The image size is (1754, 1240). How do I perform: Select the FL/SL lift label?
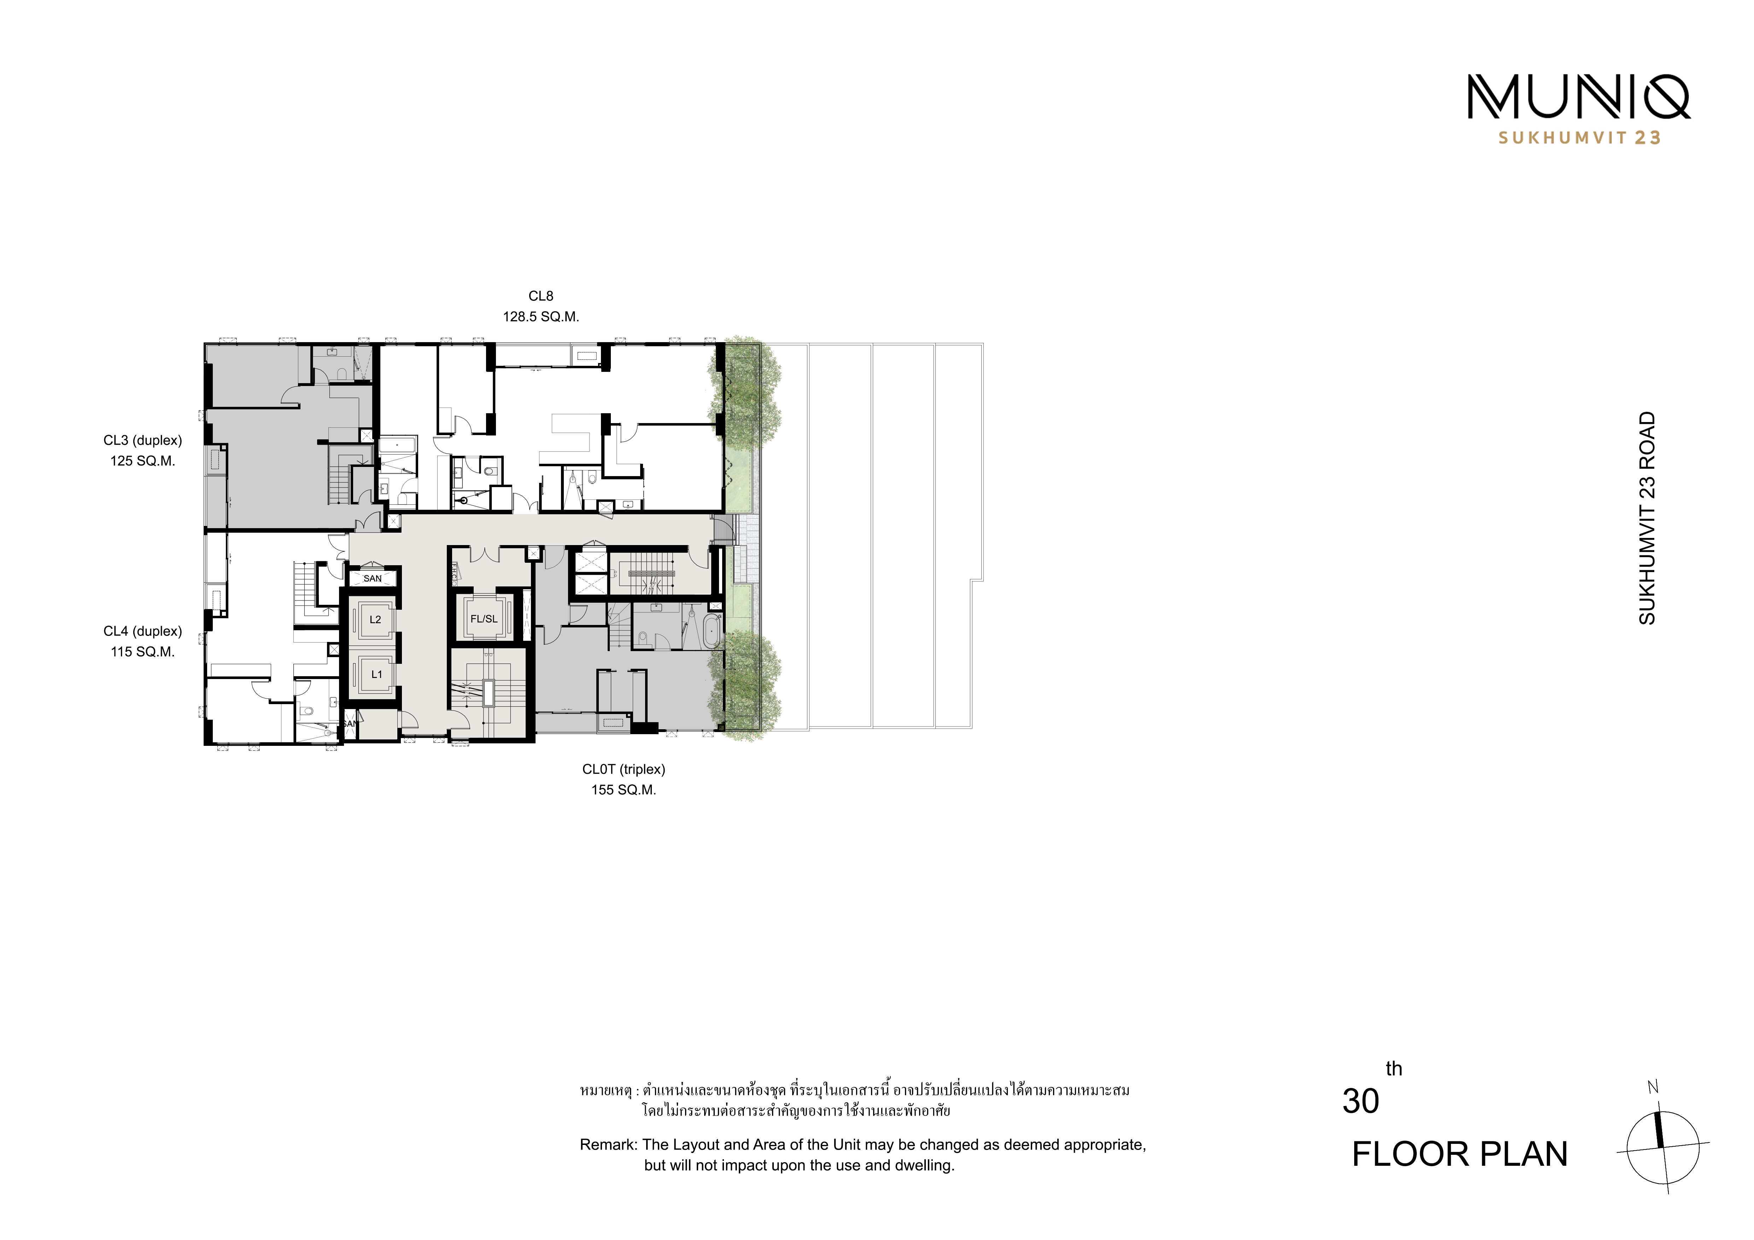pyautogui.click(x=484, y=619)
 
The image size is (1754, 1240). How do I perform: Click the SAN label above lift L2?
pyautogui.click(x=373, y=578)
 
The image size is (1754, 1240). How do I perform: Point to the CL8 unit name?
pyautogui.click(x=541, y=296)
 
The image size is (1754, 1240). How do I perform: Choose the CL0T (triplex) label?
pyautogui.click(x=624, y=770)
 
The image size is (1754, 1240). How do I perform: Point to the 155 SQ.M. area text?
pyautogui.click(x=624, y=790)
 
